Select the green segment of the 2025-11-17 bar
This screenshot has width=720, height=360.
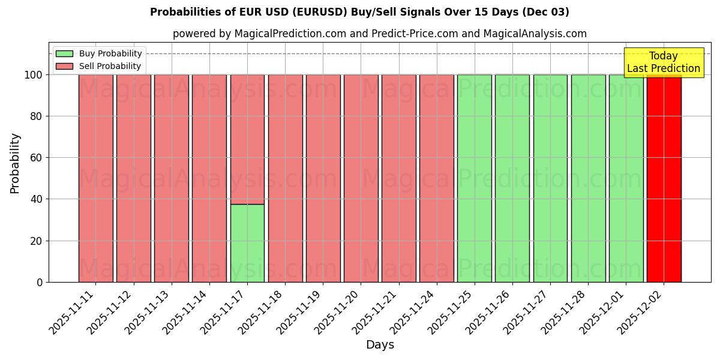pos(247,243)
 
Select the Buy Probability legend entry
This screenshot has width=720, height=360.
pos(110,53)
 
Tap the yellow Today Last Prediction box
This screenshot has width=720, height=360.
pos(663,62)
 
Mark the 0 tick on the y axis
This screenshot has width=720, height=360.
pos(40,282)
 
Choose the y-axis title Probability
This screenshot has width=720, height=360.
pos(15,163)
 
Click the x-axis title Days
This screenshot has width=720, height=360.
pos(380,345)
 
